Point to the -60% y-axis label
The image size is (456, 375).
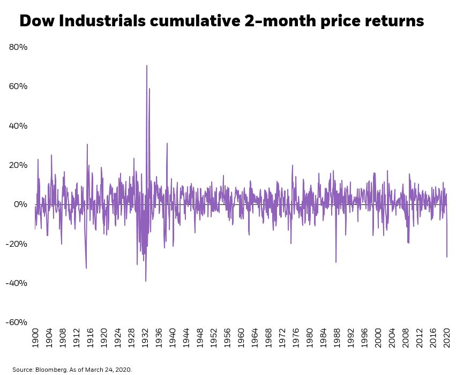coord(17,322)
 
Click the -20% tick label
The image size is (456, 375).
coord(17,244)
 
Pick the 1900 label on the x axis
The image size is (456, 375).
coord(36,339)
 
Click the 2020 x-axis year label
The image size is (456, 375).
coord(447,339)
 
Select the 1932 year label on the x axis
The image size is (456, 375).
coord(145,339)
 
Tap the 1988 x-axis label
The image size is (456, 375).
coord(337,339)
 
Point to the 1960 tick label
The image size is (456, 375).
coord(241,339)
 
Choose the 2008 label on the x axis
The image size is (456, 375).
coord(406,339)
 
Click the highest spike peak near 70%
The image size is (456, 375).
coord(146,65)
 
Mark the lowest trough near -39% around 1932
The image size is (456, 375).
coord(145,281)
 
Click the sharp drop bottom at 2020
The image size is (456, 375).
coord(447,257)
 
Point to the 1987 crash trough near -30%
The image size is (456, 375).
coord(336,262)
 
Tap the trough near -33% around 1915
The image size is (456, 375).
coord(86,268)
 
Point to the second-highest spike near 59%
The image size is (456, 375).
coord(149,89)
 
